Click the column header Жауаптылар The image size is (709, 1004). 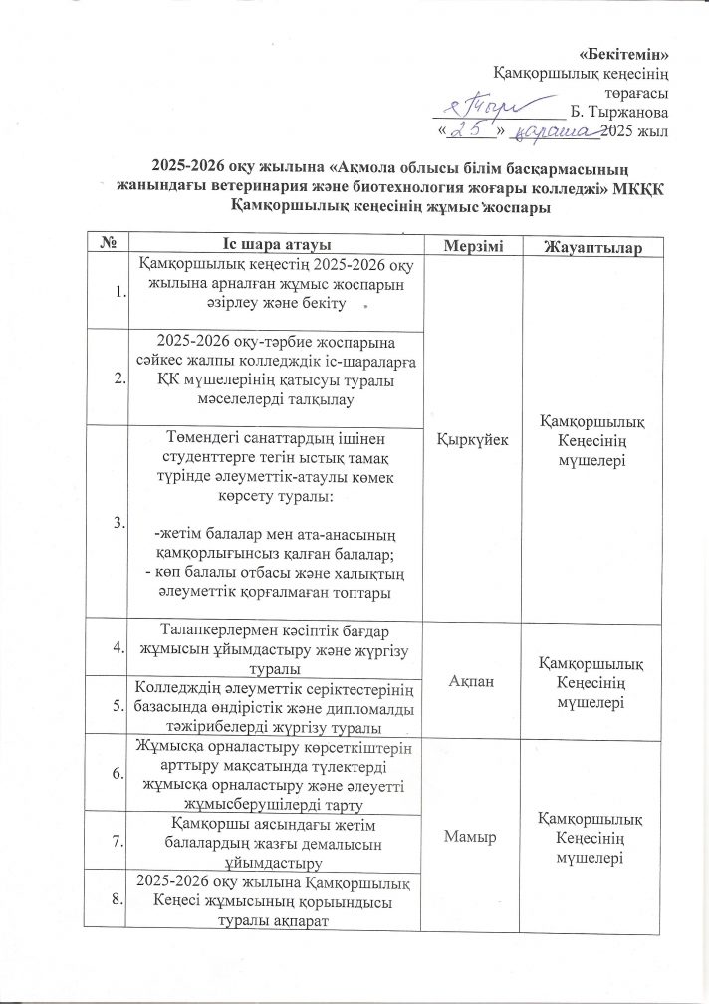click(593, 246)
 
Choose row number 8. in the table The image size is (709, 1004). click(120, 900)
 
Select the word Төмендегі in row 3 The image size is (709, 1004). click(202, 437)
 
